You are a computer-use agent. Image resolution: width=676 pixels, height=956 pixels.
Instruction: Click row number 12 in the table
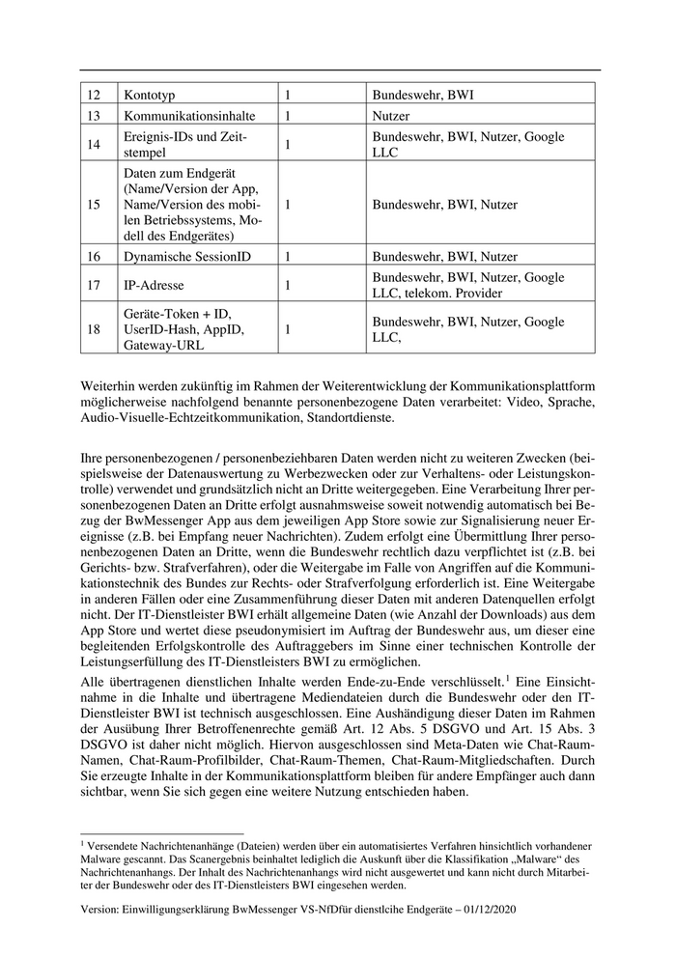point(94,95)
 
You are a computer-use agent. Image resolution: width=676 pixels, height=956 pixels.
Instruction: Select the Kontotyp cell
point(150,95)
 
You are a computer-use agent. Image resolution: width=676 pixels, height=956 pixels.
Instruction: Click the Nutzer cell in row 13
point(394,116)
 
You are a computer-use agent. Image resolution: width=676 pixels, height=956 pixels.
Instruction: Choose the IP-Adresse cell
point(155,286)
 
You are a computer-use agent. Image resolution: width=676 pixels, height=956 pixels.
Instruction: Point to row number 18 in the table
point(94,330)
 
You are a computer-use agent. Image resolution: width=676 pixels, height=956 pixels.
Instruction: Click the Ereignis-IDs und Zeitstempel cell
point(186,145)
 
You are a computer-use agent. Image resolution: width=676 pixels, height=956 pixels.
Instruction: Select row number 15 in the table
point(94,205)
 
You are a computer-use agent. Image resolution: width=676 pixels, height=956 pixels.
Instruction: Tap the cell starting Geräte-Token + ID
point(184,330)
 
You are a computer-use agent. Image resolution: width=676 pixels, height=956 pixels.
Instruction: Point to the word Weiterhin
point(112,386)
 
